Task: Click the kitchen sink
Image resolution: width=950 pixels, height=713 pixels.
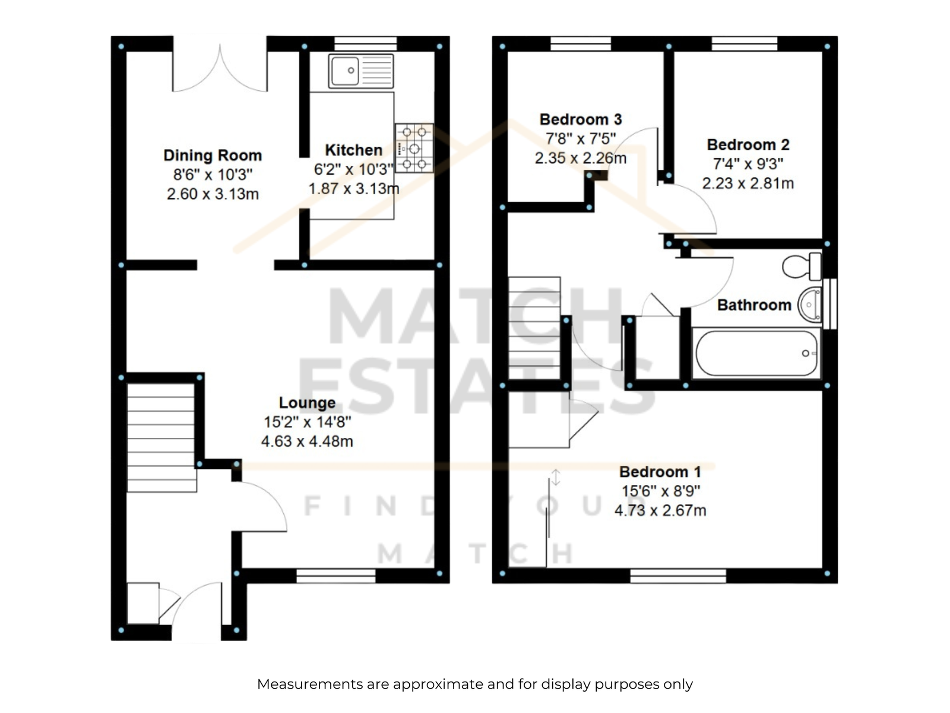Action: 360,71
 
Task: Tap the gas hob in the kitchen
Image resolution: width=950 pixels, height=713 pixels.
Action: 414,149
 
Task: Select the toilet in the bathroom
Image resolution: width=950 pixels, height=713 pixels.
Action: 802,266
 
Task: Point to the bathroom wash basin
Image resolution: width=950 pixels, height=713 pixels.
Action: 810,305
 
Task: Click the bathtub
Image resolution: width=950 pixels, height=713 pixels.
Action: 756,354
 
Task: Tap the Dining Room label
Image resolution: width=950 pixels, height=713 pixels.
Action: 213,155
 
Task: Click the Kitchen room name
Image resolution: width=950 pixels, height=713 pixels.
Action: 354,150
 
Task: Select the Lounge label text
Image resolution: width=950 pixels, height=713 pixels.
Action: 307,403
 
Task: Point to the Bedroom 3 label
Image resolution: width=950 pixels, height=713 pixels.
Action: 580,119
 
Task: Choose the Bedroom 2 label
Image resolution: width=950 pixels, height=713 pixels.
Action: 748,144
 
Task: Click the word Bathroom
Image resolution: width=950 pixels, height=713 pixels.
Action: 754,305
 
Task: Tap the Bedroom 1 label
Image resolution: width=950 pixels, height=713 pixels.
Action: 660,471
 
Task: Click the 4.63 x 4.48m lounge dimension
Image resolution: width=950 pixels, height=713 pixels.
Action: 307,441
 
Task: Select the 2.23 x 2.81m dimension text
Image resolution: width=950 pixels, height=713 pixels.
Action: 748,183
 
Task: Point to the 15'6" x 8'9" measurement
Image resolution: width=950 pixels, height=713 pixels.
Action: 660,491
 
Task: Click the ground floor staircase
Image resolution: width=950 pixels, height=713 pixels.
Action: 161,437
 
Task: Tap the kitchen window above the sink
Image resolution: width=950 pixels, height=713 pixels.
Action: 366,44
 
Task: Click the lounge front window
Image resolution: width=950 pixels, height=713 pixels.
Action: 336,576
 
